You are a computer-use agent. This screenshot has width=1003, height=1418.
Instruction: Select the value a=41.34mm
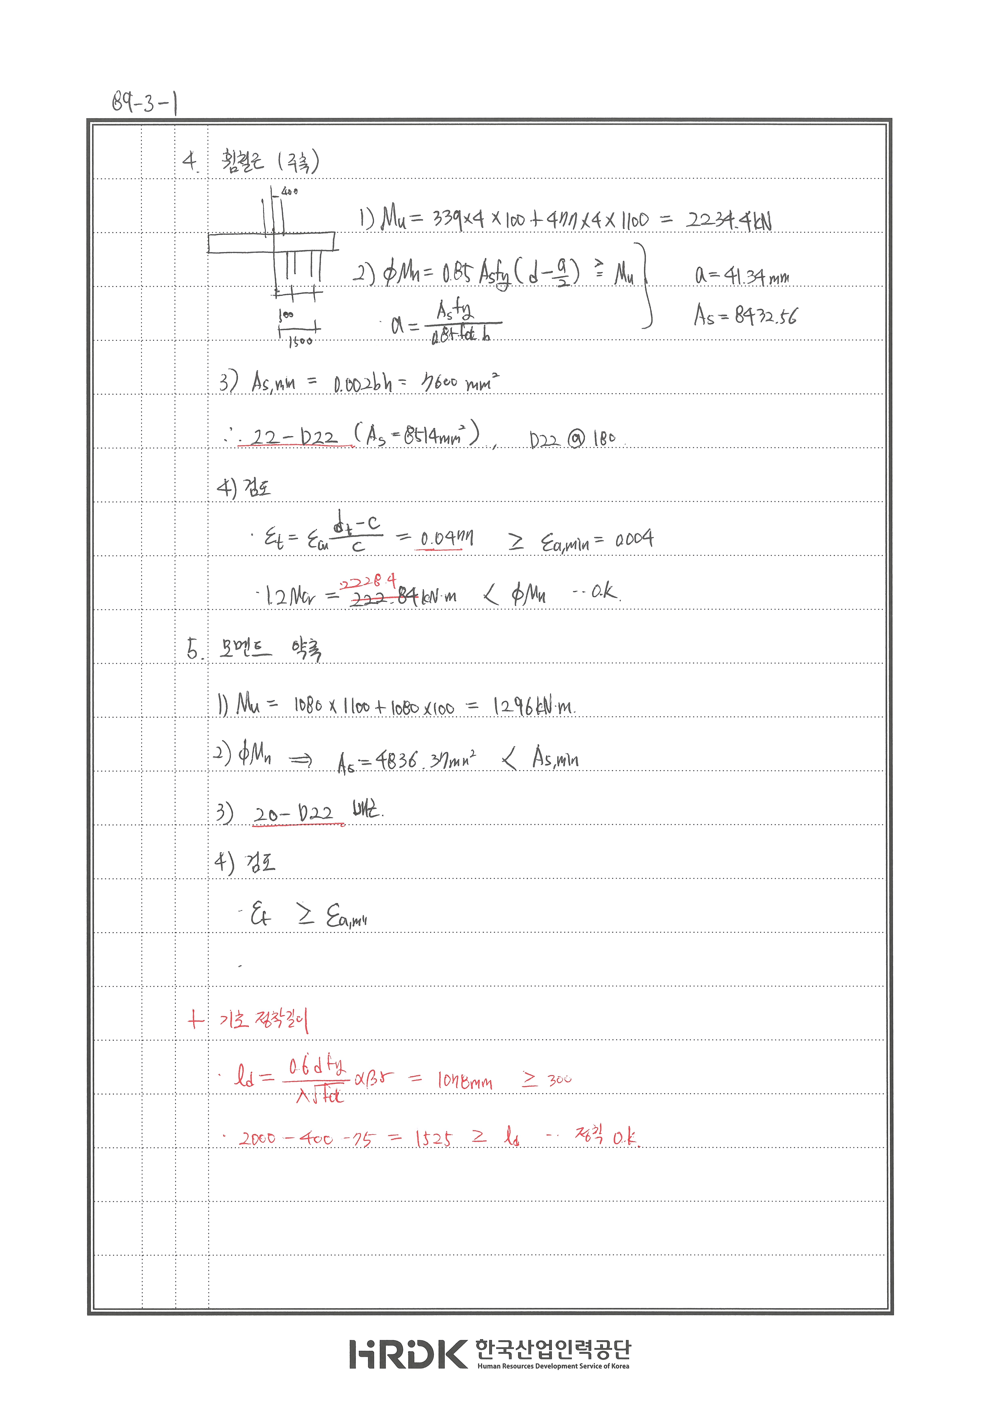[742, 275]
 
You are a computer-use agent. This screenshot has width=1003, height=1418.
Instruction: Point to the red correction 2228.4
[368, 581]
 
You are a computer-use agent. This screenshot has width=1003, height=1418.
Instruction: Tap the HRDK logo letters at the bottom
[408, 1354]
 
